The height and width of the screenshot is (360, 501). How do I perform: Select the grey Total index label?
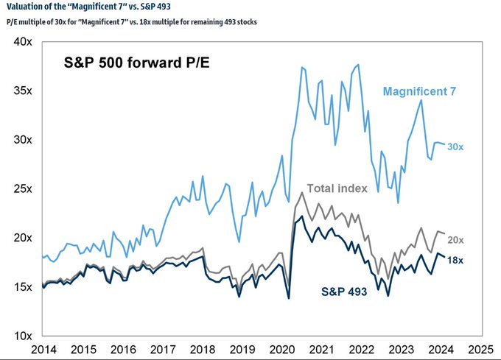click(x=337, y=188)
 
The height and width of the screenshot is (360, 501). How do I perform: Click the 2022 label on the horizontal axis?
click(x=361, y=348)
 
